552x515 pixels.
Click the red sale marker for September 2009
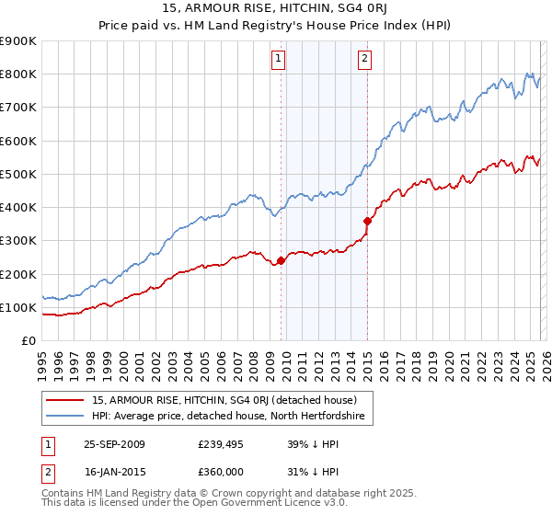tap(281, 261)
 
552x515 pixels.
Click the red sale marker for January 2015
tap(367, 221)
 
